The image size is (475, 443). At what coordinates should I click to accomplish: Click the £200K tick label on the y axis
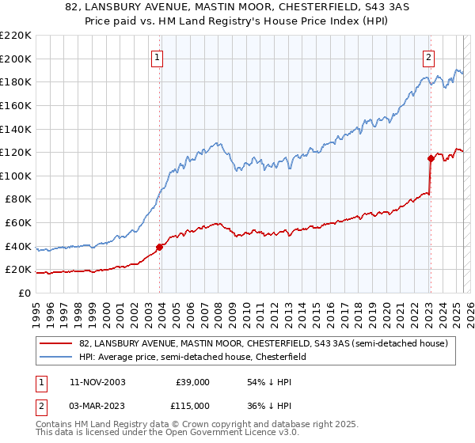coord(16,59)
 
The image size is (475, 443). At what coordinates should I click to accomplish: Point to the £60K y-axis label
coord(18,223)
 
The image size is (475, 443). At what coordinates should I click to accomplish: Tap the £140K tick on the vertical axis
coord(16,129)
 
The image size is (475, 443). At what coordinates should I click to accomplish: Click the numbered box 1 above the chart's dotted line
coord(158,57)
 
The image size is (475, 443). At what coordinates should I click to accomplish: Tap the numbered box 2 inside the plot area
coord(428,57)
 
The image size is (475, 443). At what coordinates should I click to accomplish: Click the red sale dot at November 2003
coord(159,247)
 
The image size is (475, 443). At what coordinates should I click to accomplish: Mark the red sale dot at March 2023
coord(431,158)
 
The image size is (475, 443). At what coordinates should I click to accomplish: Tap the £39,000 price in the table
coord(192,381)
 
